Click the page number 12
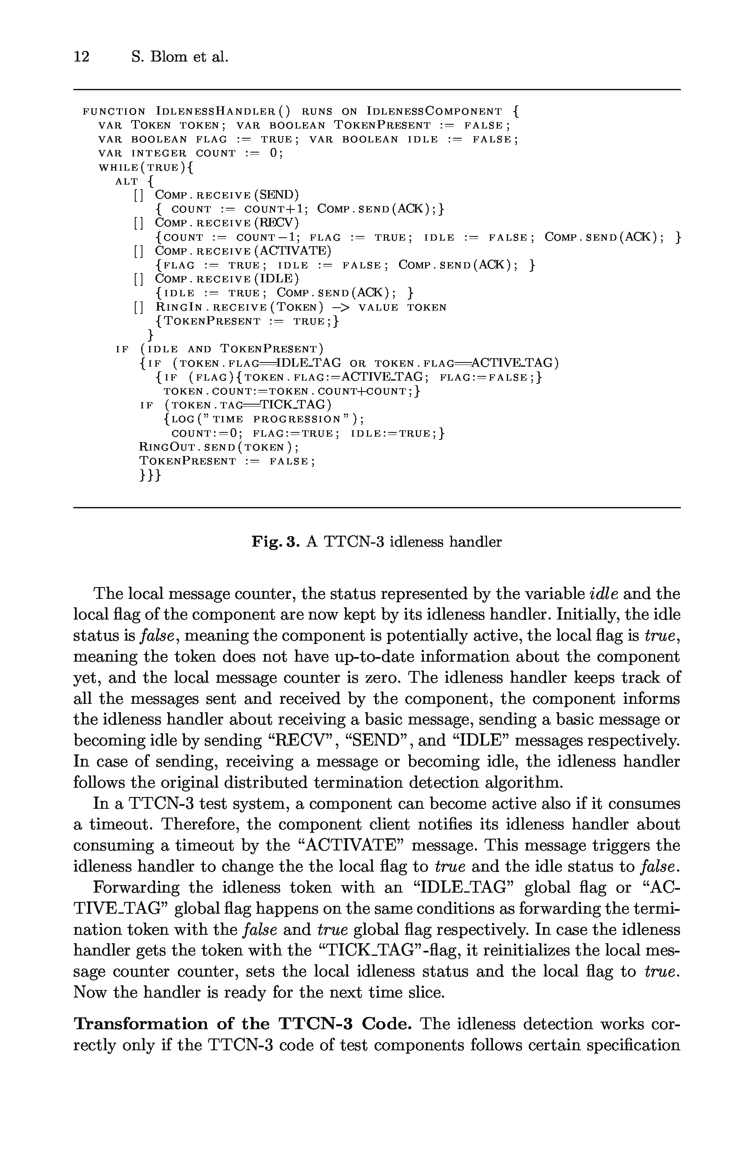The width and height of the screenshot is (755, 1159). [81, 57]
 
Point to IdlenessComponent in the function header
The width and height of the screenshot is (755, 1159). [434, 112]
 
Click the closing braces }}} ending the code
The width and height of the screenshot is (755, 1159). [150, 475]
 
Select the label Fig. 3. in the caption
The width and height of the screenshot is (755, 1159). [275, 542]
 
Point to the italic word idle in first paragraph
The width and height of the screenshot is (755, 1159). [604, 594]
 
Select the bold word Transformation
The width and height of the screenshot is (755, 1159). [141, 1024]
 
